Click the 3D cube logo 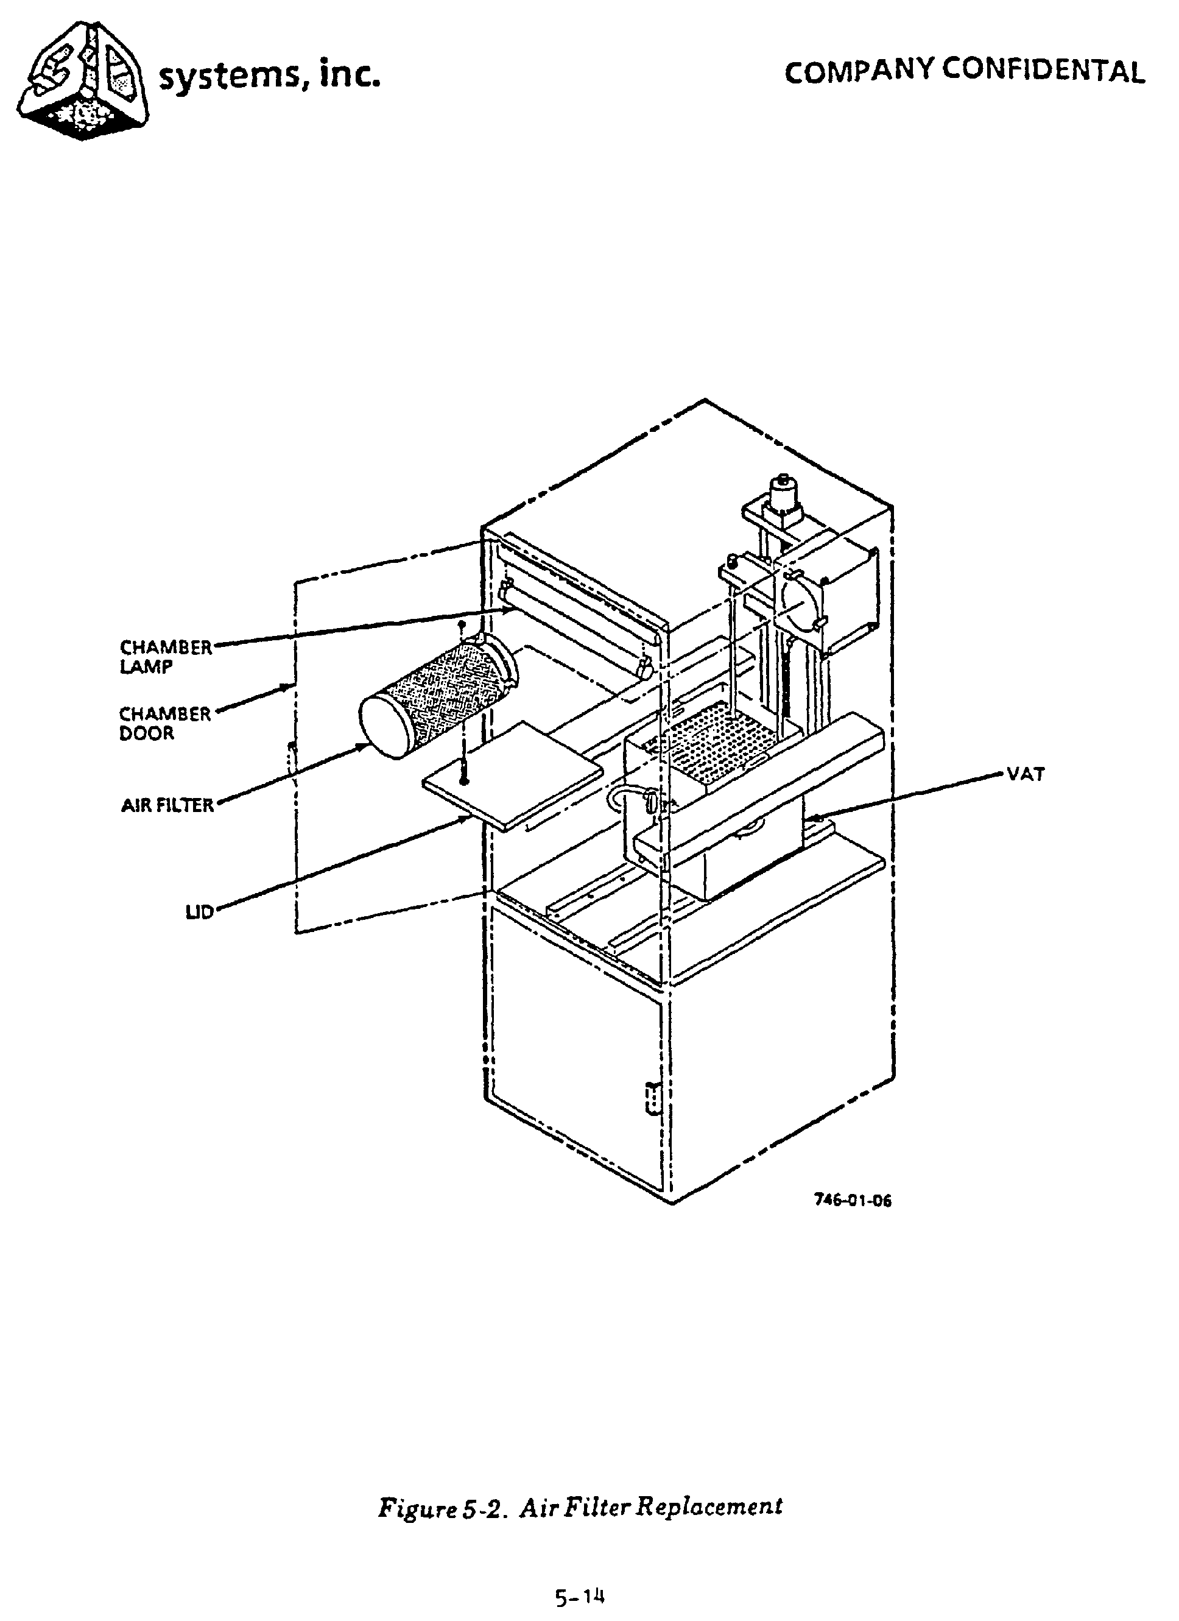(84, 80)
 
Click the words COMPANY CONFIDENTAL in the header (964, 71)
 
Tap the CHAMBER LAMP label (165, 656)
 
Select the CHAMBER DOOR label (164, 722)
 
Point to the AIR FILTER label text (167, 805)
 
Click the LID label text (199, 913)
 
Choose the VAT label (1026, 774)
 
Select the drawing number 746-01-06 (853, 1200)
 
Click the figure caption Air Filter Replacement (580, 1506)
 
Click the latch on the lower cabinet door (651, 1098)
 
